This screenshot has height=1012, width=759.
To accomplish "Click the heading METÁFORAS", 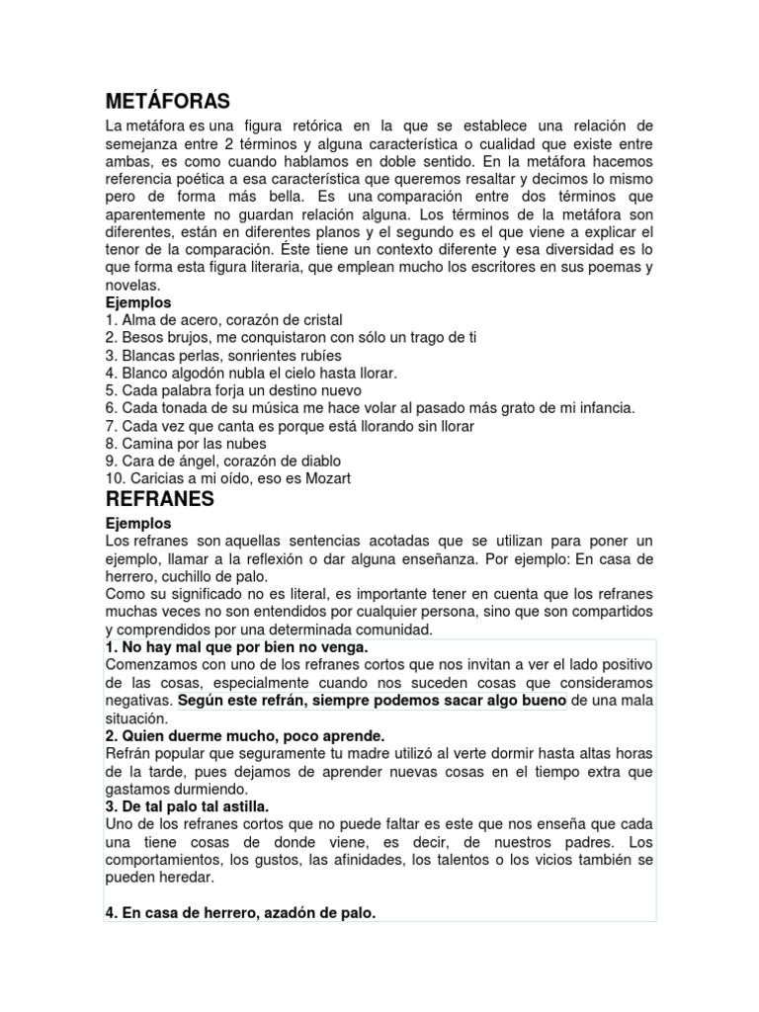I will pyautogui.click(x=167, y=101).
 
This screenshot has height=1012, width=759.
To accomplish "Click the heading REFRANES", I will pyautogui.click(x=159, y=499).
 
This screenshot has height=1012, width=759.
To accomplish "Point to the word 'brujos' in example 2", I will pyautogui.click(x=187, y=337).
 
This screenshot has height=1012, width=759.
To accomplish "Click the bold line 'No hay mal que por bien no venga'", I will pyautogui.click(x=236, y=646).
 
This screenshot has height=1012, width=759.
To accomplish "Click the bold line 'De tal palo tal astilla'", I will pyautogui.click(x=187, y=806).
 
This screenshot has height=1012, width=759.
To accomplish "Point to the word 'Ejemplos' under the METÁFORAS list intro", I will pyautogui.click(x=138, y=301).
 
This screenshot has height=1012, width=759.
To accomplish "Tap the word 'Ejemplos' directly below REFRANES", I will pyautogui.click(x=138, y=523).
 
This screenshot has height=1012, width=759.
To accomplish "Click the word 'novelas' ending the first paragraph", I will pyautogui.click(x=130, y=285).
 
